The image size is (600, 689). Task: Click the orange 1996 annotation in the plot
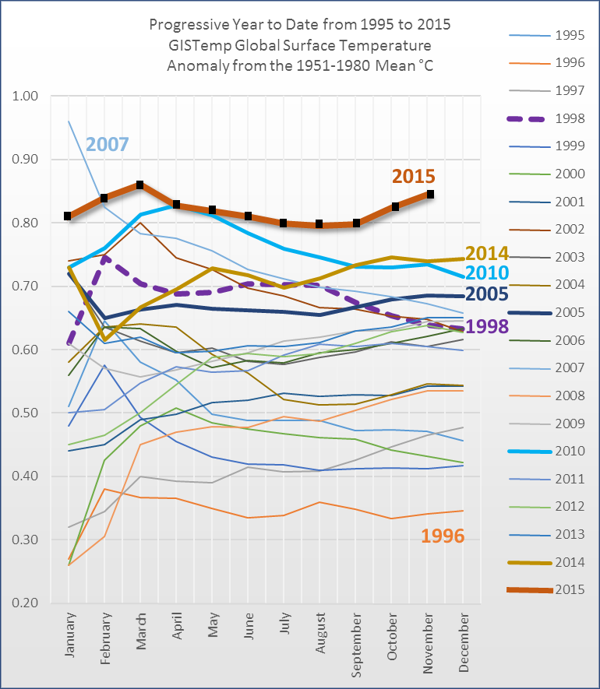tap(443, 536)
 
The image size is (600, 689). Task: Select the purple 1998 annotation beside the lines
tap(487, 326)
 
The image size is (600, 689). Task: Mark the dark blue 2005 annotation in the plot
tap(487, 294)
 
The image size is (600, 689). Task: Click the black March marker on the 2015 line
tap(139, 185)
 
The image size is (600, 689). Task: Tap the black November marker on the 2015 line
tap(429, 195)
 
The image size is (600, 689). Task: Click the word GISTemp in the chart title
tap(211, 45)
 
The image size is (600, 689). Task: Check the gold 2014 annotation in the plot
tap(487, 253)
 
